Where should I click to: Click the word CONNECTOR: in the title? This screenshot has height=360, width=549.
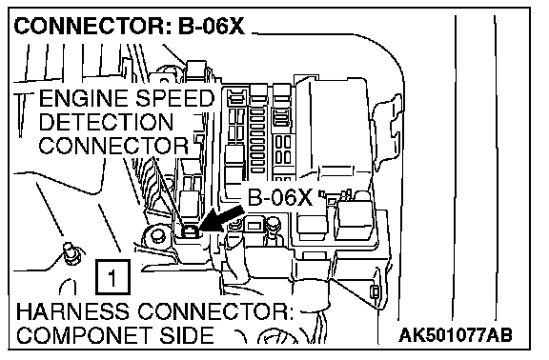click(x=92, y=26)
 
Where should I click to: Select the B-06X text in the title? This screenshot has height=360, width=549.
click(x=212, y=26)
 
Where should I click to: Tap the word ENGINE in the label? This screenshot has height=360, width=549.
click(x=83, y=98)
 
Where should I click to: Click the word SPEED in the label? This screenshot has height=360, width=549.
click(x=174, y=98)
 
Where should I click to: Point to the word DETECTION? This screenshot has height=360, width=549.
click(x=106, y=122)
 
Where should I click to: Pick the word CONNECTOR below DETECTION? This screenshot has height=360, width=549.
click(x=113, y=146)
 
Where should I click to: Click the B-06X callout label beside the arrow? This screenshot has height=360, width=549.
click(x=280, y=198)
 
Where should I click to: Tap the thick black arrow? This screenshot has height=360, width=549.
click(x=222, y=220)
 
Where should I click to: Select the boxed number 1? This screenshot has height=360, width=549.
click(x=112, y=277)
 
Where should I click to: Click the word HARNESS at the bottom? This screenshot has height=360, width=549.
click(x=72, y=311)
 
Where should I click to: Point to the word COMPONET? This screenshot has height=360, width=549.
click(x=84, y=335)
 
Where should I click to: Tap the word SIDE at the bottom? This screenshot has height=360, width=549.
click(x=186, y=335)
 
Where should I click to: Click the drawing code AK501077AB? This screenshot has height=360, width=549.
click(x=456, y=335)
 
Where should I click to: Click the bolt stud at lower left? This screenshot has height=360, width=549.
click(x=72, y=253)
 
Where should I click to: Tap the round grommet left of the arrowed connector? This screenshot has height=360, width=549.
click(x=156, y=236)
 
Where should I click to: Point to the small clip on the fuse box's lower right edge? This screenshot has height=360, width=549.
click(x=375, y=291)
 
